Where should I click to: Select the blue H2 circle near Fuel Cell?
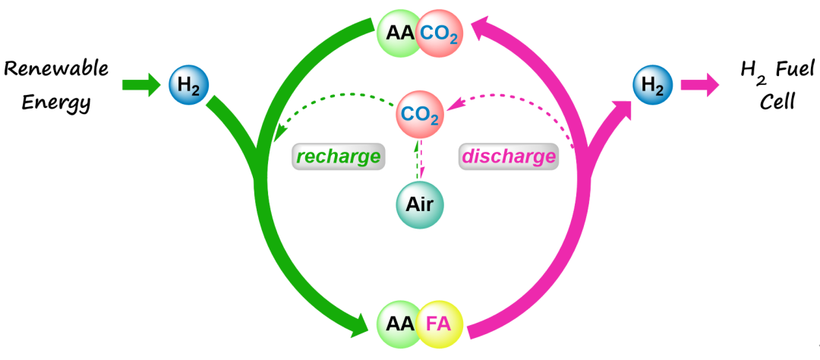click(x=653, y=85)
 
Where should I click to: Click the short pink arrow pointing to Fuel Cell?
click(x=699, y=84)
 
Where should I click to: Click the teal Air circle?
click(x=420, y=206)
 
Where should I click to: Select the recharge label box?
click(x=337, y=156)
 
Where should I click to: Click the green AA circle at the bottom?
click(x=399, y=324)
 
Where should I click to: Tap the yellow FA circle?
click(x=439, y=324)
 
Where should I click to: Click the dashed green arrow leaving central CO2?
click(x=334, y=97)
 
